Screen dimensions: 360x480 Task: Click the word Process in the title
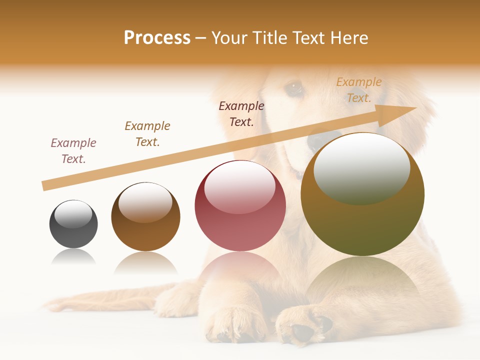pyautogui.click(x=157, y=38)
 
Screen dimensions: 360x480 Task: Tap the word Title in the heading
pyautogui.click(x=265, y=38)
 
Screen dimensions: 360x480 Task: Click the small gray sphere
pyautogui.click(x=73, y=224)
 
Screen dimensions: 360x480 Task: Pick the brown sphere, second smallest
pyautogui.click(x=145, y=217)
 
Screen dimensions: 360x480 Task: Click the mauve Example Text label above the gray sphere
pyautogui.click(x=73, y=151)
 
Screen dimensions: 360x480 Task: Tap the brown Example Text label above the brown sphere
pyautogui.click(x=147, y=134)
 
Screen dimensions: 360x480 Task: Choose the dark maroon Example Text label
pyautogui.click(x=241, y=114)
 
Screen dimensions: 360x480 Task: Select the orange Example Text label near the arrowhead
pyautogui.click(x=358, y=90)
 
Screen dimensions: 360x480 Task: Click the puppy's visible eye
pyautogui.click(x=293, y=88)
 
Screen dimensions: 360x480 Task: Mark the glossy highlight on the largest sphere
pyautogui.click(x=361, y=169)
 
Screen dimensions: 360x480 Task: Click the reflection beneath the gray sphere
pyautogui.click(x=73, y=257)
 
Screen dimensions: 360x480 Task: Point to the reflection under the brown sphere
pyautogui.click(x=145, y=262)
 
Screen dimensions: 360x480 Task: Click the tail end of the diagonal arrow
pyautogui.click(x=45, y=186)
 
